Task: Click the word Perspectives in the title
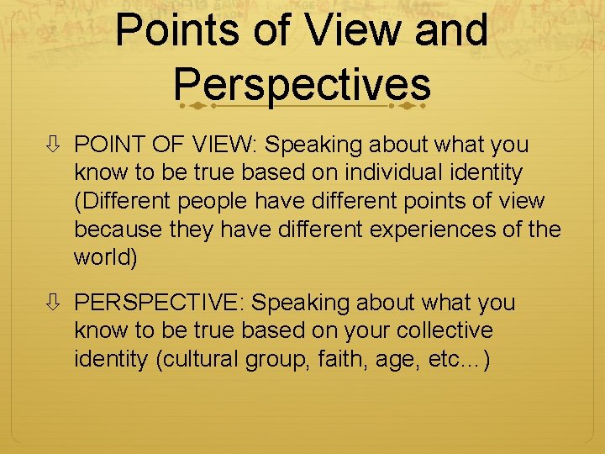tap(302, 84)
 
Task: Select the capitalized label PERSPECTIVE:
tap(160, 303)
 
